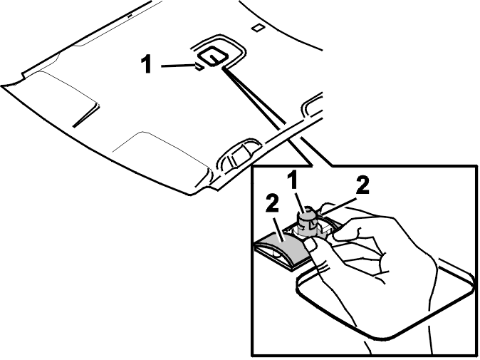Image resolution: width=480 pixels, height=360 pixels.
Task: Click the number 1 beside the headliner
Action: pyautogui.click(x=147, y=63)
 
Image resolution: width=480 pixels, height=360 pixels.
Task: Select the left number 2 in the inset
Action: pyautogui.click(x=272, y=204)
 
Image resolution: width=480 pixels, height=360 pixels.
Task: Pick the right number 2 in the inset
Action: pyautogui.click(x=362, y=185)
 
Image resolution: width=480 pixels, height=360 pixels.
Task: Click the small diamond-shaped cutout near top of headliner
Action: pyautogui.click(x=258, y=28)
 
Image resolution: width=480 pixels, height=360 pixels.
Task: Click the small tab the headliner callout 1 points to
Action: pyautogui.click(x=199, y=66)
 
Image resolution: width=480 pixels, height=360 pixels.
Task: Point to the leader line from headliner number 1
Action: pyautogui.click(x=179, y=66)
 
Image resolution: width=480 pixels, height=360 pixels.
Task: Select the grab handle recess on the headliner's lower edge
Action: pyautogui.click(x=238, y=155)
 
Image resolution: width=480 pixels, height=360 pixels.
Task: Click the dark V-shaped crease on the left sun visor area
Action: pyautogui.click(x=87, y=115)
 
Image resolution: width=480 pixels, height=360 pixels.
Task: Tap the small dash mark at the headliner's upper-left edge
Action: pyautogui.click(x=130, y=15)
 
